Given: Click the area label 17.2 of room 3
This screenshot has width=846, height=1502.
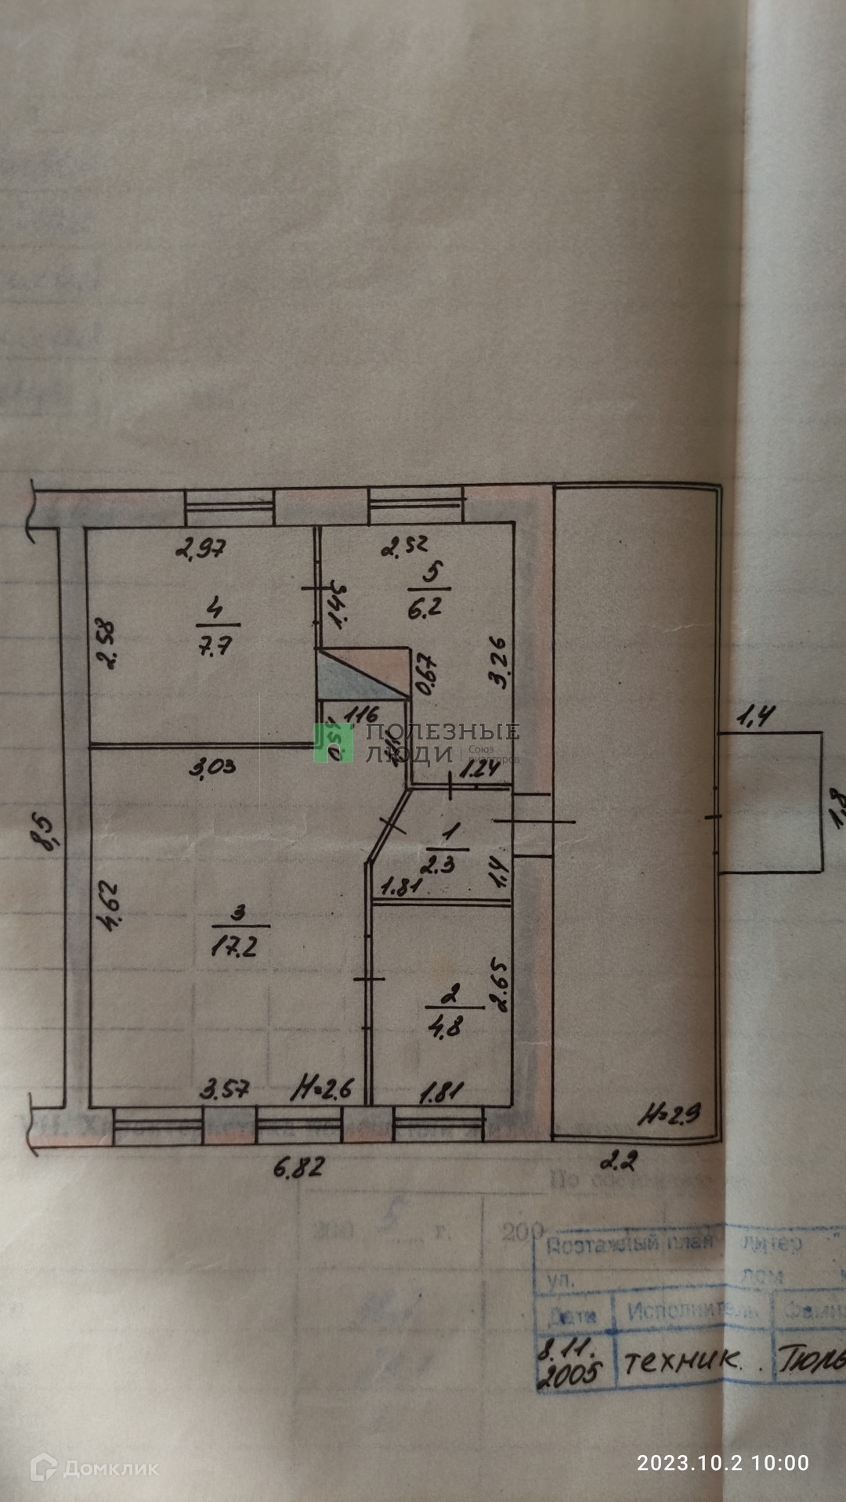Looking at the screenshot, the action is click(233, 946).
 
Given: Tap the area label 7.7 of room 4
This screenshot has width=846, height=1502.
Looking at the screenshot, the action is click(216, 646).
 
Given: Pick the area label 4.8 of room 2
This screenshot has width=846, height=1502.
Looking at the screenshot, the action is click(446, 1027).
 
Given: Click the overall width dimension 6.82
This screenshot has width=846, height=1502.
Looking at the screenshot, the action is click(298, 1168).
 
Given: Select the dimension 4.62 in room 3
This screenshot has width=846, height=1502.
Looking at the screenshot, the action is click(108, 905).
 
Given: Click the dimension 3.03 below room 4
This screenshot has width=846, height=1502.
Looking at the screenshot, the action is click(212, 767).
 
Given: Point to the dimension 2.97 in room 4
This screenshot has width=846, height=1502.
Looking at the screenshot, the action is click(201, 548).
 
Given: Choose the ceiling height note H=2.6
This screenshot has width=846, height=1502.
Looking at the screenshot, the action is click(322, 1089).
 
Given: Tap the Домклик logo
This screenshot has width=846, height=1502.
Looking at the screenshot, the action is click(95, 1467).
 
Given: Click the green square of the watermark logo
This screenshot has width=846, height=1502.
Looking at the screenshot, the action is click(333, 742).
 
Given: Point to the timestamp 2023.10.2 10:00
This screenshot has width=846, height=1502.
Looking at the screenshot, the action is click(722, 1462).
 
